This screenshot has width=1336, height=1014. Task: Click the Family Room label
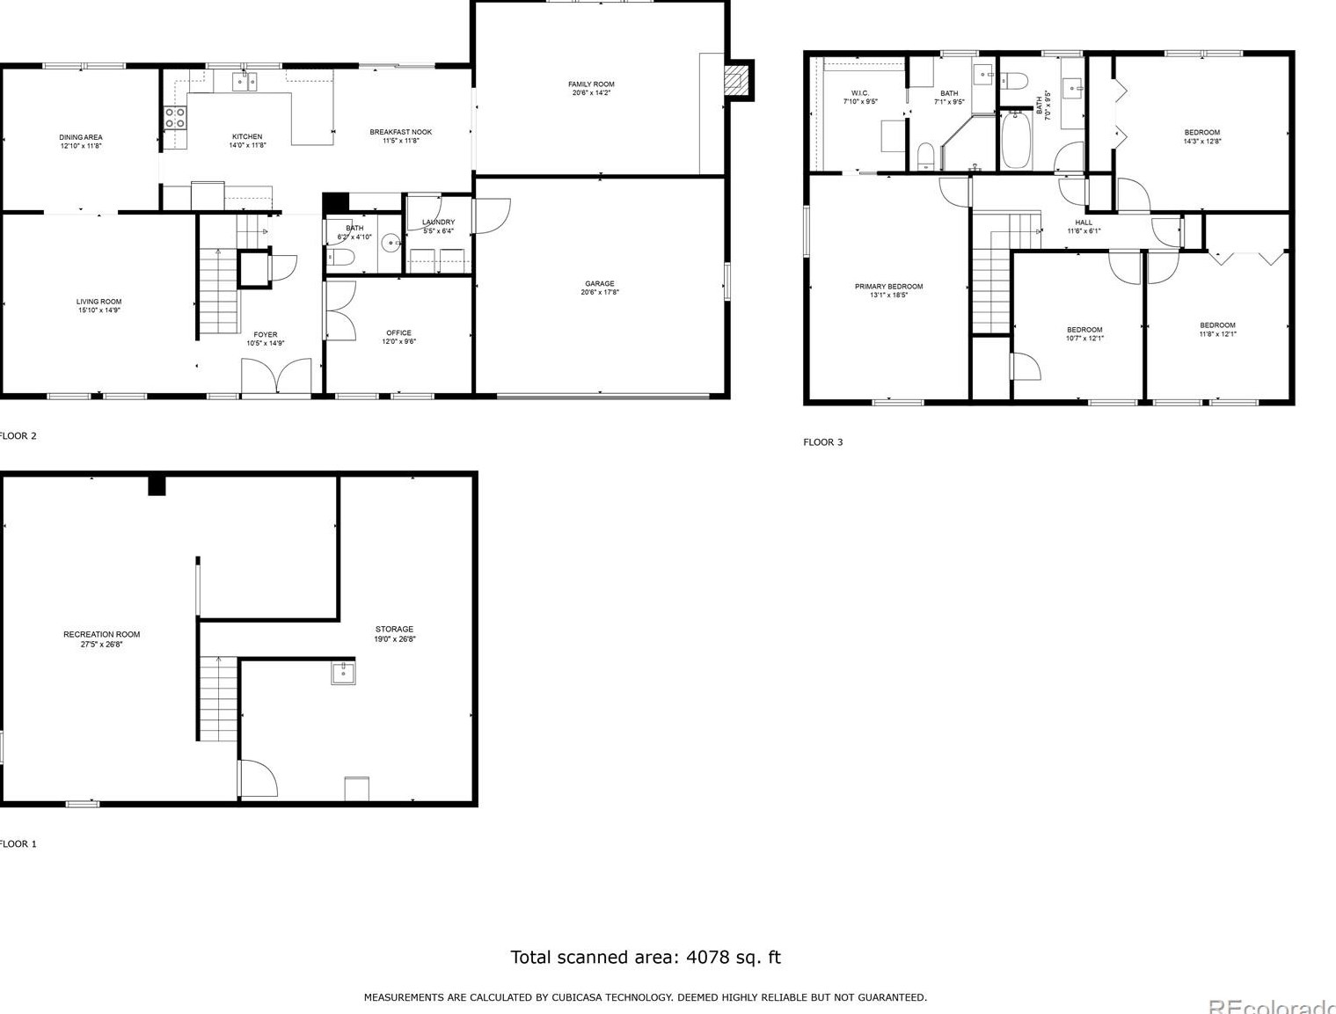point(591,84)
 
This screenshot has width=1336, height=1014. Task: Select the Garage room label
point(600,284)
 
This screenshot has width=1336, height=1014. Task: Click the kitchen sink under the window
point(245,83)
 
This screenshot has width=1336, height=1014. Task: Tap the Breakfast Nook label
point(400,132)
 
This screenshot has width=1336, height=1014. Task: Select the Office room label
point(398,333)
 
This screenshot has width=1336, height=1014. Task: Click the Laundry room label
point(438,222)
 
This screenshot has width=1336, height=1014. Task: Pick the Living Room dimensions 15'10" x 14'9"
point(99,310)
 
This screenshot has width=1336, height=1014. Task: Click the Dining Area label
point(81,137)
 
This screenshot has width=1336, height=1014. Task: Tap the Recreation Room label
point(101,634)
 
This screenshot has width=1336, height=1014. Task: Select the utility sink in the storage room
point(343,673)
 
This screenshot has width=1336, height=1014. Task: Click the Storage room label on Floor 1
point(394,629)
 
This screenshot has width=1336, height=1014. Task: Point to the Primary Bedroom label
point(888,287)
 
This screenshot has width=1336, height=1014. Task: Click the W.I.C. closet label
point(859,93)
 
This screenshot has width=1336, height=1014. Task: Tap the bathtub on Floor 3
point(1016,140)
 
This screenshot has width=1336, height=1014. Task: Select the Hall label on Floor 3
point(1084,222)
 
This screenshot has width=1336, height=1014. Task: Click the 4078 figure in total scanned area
point(708,957)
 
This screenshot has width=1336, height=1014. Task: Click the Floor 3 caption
point(822,442)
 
